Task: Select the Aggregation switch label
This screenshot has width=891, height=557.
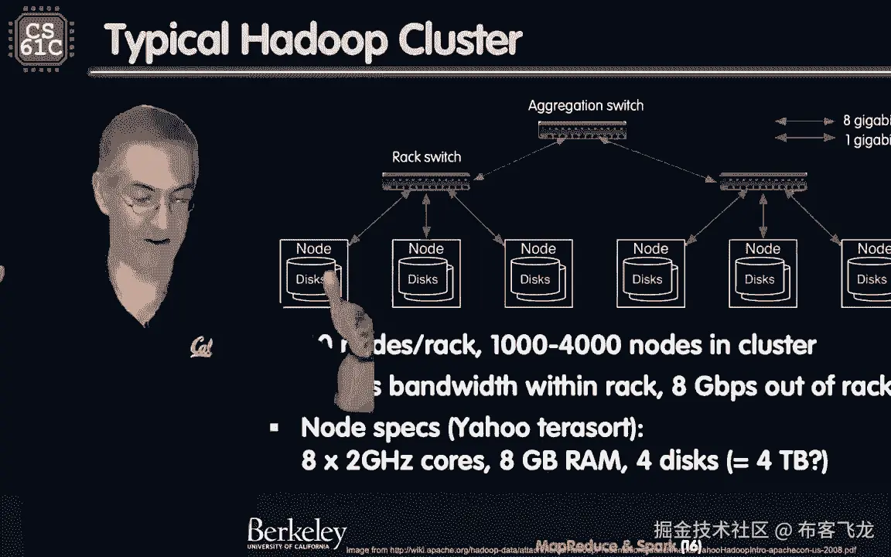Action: coord(585,105)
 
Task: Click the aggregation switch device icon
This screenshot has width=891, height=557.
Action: coord(583,130)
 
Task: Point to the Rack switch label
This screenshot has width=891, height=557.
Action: coord(426,157)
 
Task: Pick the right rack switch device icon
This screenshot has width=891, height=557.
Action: coord(764,183)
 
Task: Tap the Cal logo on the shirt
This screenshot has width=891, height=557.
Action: coord(201,347)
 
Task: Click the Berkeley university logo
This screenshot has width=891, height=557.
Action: coord(296,533)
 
